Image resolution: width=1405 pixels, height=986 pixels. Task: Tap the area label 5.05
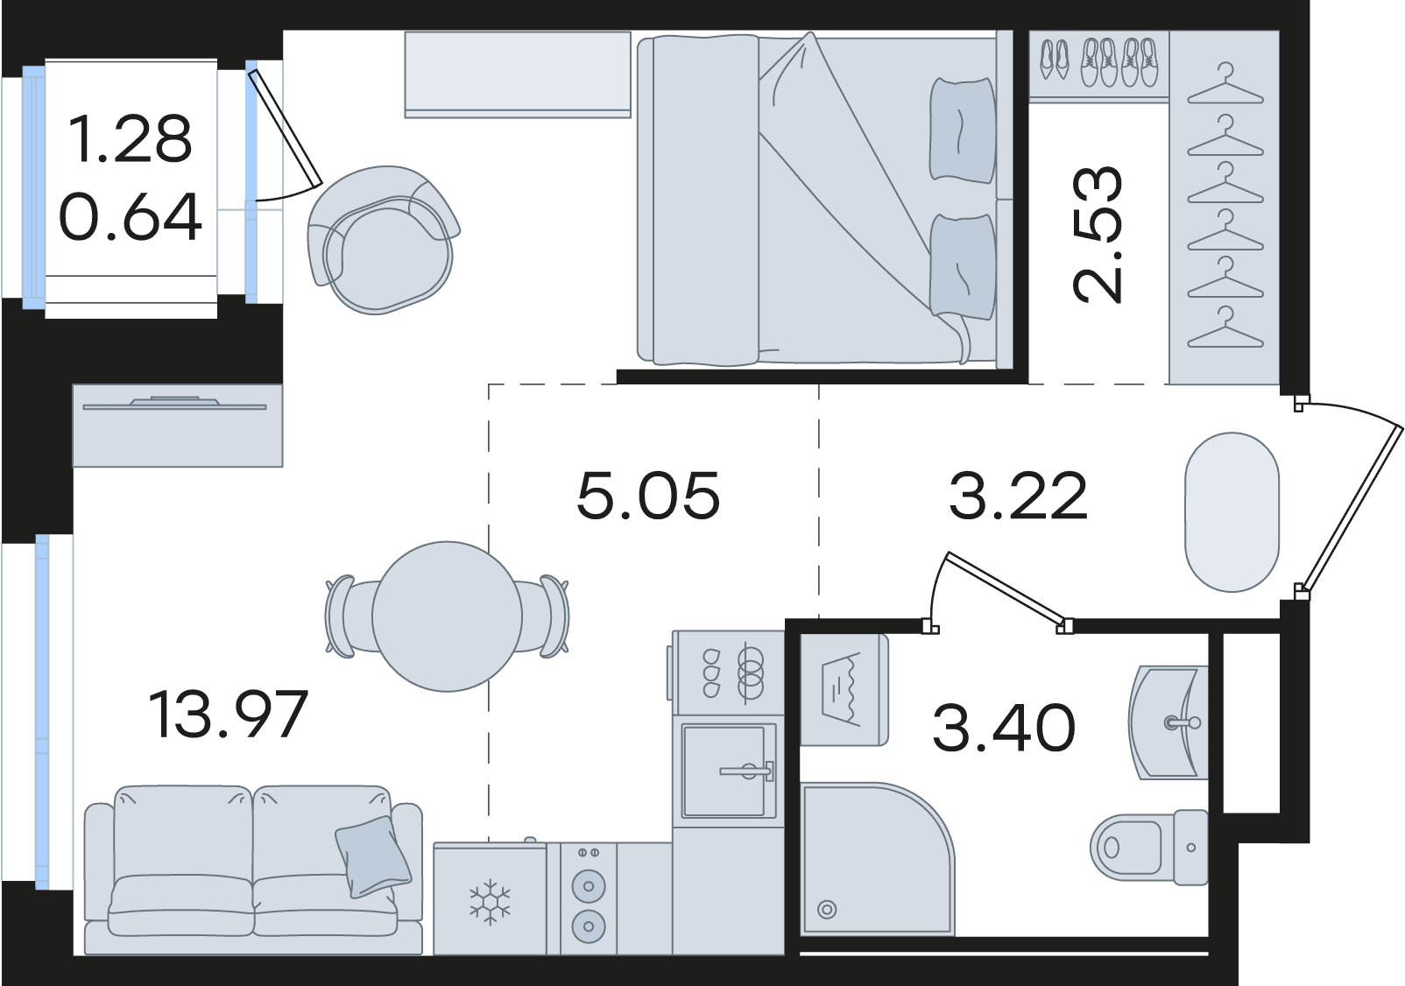point(648,496)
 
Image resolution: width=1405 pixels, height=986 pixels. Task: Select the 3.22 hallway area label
point(1018,496)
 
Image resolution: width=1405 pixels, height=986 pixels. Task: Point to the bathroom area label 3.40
point(1004,728)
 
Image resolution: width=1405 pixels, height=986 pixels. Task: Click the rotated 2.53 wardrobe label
point(1097,235)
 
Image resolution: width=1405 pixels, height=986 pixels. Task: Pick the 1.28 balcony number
point(130,138)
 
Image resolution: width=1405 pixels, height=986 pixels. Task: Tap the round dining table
point(448,616)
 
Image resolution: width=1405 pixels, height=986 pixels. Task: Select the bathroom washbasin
point(1168,722)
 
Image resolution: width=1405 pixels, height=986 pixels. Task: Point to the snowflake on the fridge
point(490,901)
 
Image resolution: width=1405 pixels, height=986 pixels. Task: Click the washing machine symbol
point(844,689)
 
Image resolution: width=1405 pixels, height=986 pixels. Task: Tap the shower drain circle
point(827,909)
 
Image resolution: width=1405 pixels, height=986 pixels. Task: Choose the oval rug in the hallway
point(1232,511)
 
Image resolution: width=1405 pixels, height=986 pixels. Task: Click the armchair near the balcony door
point(384,239)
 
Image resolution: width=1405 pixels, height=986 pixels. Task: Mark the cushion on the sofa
point(373,856)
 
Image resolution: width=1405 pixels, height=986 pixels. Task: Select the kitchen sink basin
point(728,771)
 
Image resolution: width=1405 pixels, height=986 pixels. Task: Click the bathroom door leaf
point(1006,589)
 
